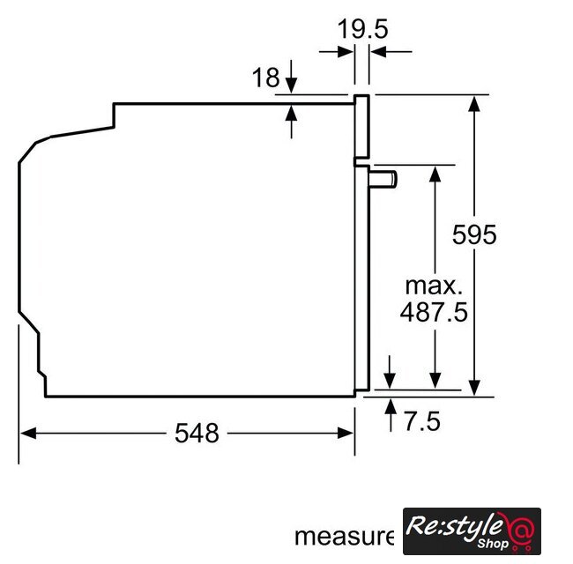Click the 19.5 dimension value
(x=362, y=29)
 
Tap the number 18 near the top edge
(x=266, y=78)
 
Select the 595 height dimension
(x=474, y=234)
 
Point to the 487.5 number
(x=434, y=312)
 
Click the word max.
(x=434, y=286)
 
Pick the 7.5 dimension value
(x=422, y=421)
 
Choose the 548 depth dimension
(x=197, y=433)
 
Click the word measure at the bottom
(x=344, y=536)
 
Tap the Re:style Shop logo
(x=472, y=531)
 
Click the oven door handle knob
(x=383, y=179)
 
